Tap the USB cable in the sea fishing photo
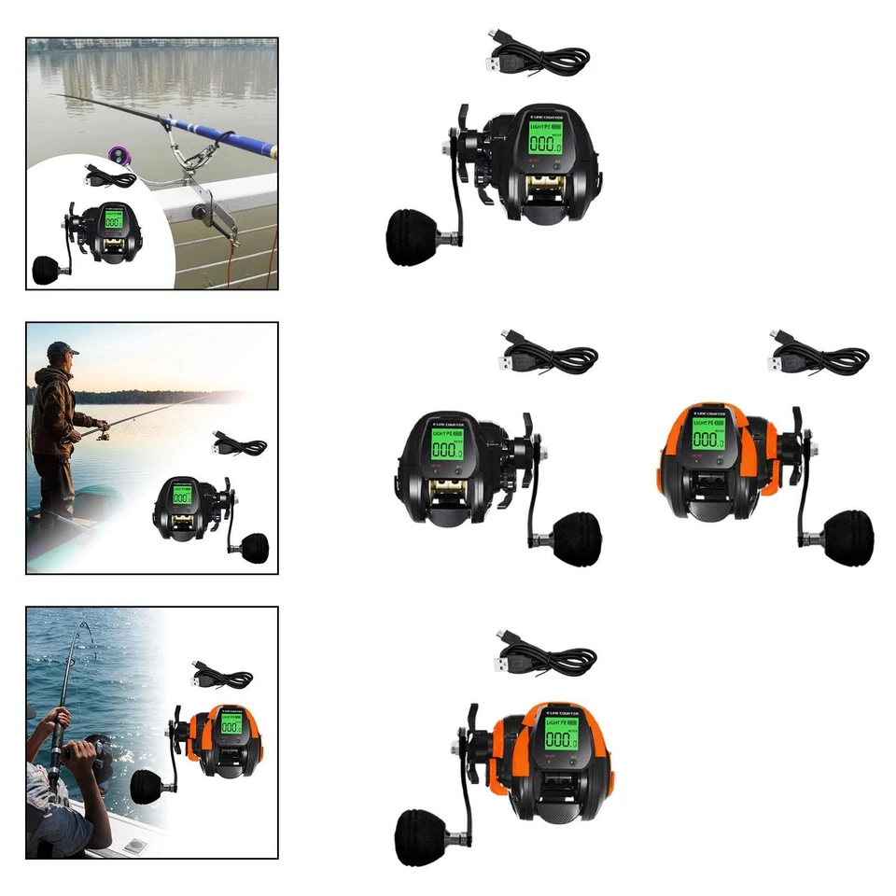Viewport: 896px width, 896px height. (220, 674)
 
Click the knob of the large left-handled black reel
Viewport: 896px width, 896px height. (408, 237)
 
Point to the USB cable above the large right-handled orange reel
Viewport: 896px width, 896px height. (818, 355)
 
